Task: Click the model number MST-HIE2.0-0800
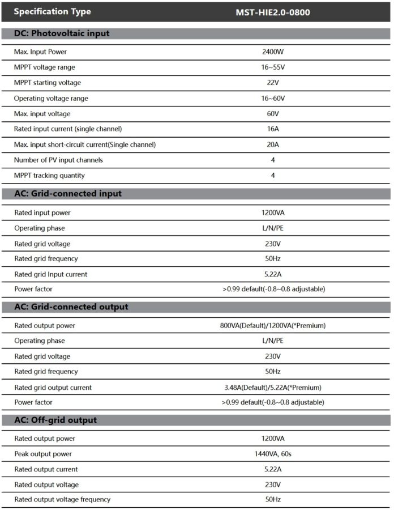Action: (x=273, y=12)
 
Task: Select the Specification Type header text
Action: (x=52, y=12)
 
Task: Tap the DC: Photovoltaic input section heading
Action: (x=62, y=33)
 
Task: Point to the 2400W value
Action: (x=273, y=52)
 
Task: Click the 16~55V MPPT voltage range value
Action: (x=273, y=67)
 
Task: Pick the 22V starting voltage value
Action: (x=273, y=83)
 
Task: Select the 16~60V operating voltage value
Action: (x=273, y=99)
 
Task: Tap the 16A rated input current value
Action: (x=273, y=129)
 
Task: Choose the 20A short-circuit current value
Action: (x=273, y=144)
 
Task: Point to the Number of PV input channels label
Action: (x=58, y=160)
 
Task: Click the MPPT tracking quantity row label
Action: (x=49, y=176)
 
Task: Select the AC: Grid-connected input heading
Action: (x=68, y=194)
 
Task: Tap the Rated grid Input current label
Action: (x=51, y=274)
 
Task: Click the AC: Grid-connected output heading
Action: (x=71, y=307)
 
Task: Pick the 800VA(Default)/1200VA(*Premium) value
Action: (x=273, y=326)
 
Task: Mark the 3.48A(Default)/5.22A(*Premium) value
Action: (x=273, y=388)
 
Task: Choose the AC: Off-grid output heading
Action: (x=55, y=420)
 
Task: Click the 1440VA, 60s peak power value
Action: (x=273, y=454)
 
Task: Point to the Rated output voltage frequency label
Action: (x=62, y=500)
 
